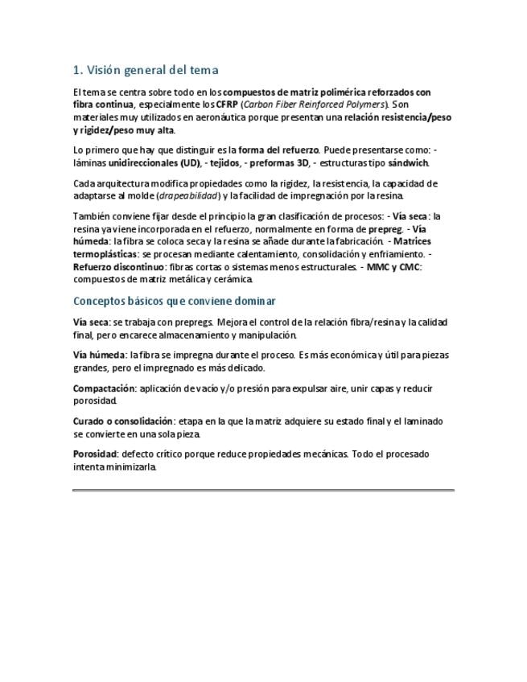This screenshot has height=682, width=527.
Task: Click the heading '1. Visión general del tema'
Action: tap(146, 70)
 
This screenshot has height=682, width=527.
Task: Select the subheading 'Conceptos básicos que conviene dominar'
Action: tap(175, 301)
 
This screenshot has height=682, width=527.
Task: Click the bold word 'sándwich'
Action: tap(410, 163)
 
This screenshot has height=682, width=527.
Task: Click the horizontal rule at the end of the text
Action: tap(263, 490)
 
